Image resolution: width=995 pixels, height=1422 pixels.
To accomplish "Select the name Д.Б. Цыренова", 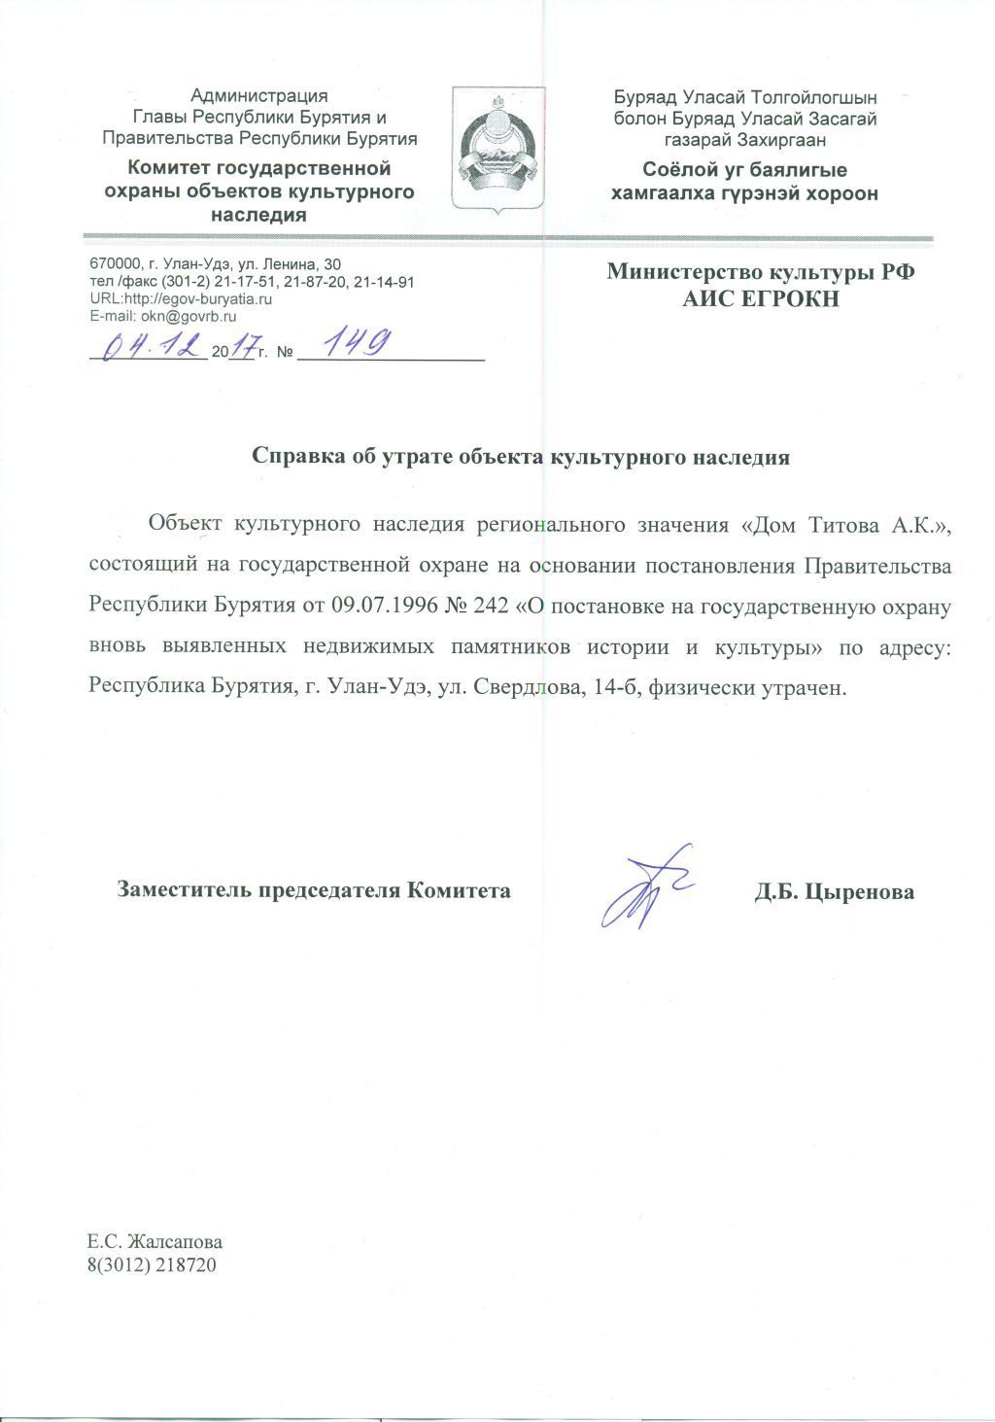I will click(834, 891).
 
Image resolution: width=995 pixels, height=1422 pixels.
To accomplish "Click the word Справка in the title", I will click(295, 457).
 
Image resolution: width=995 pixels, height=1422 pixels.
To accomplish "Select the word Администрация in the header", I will click(258, 95).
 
